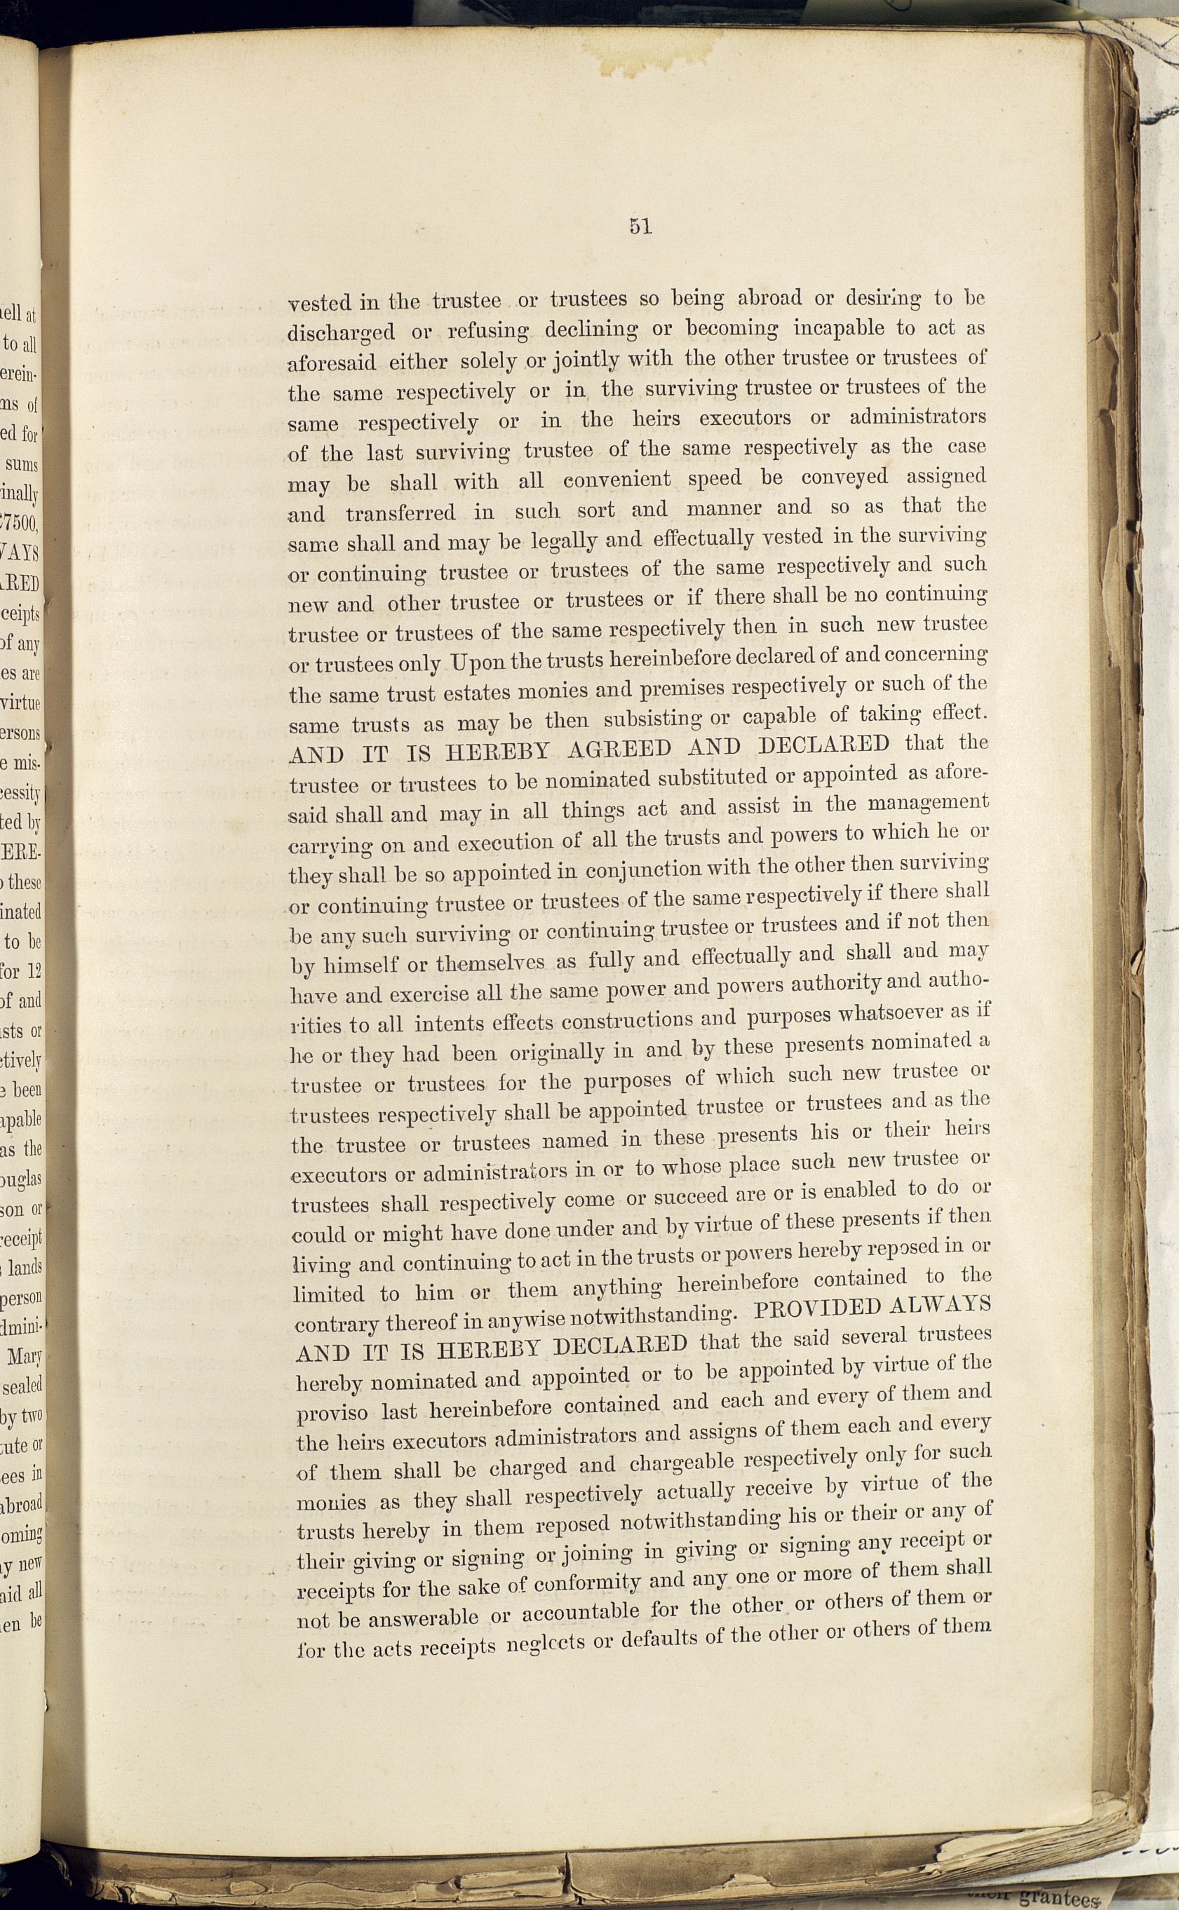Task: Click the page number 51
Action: tap(640, 227)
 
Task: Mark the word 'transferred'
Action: tap(400, 513)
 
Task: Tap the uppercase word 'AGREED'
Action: tap(619, 749)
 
